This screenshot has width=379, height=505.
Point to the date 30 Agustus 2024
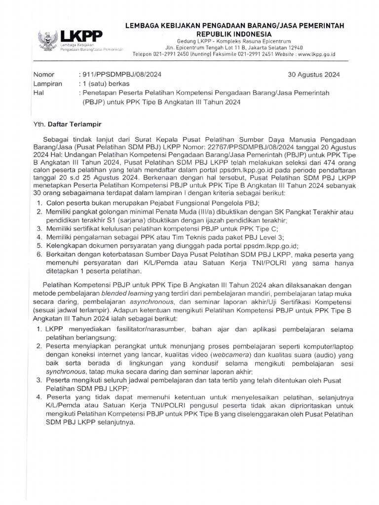(313, 75)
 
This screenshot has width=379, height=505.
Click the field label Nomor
(42, 75)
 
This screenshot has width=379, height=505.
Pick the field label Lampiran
(47, 84)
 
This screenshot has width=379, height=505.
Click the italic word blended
(115, 294)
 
